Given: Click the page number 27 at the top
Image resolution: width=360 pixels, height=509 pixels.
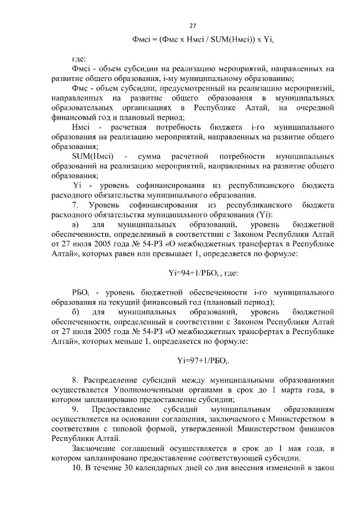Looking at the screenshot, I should click(x=192, y=26).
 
